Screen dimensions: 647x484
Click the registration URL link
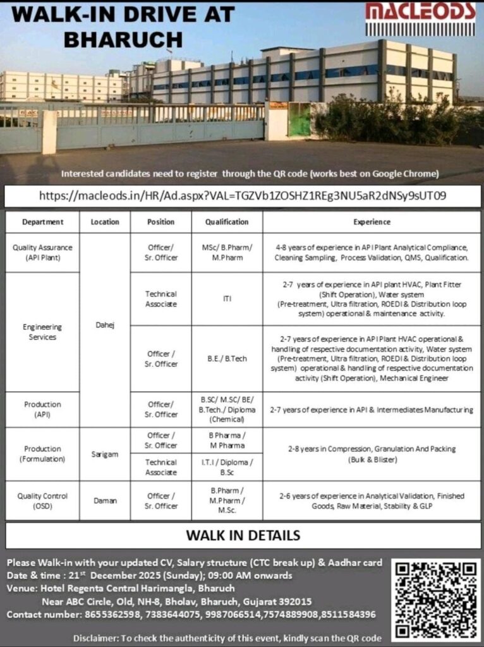click(x=243, y=195)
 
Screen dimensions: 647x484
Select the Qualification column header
click(x=227, y=222)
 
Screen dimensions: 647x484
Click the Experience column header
click(x=372, y=222)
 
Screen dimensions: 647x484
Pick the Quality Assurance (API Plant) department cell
click(x=42, y=253)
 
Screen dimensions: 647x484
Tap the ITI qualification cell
click(x=227, y=299)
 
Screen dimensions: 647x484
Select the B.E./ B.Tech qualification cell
click(x=227, y=358)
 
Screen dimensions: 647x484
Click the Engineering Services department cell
click(x=42, y=332)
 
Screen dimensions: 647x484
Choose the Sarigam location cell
click(x=104, y=454)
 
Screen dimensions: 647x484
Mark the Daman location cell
click(x=104, y=500)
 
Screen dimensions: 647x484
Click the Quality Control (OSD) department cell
click(x=42, y=500)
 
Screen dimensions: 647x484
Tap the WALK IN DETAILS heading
click(x=243, y=536)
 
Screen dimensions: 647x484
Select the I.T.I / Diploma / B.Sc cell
click(x=227, y=467)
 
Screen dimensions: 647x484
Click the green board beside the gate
click(x=299, y=119)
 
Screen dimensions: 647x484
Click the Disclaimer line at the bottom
click(x=227, y=638)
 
